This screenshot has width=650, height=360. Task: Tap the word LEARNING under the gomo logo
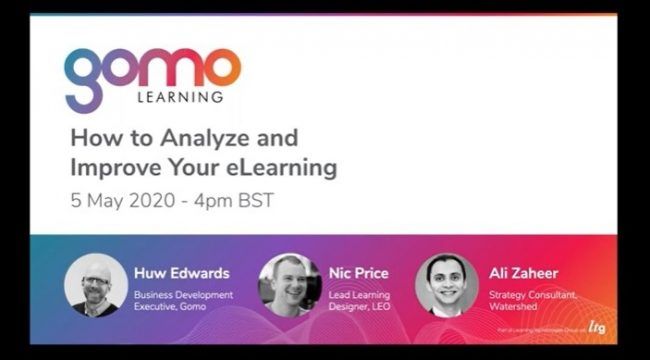click(180, 98)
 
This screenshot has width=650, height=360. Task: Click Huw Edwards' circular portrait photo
click(96, 285)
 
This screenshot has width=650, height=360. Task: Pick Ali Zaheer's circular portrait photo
click(447, 285)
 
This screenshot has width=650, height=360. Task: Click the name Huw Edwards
click(181, 272)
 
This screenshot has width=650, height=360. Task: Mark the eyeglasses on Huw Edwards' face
click(96, 281)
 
